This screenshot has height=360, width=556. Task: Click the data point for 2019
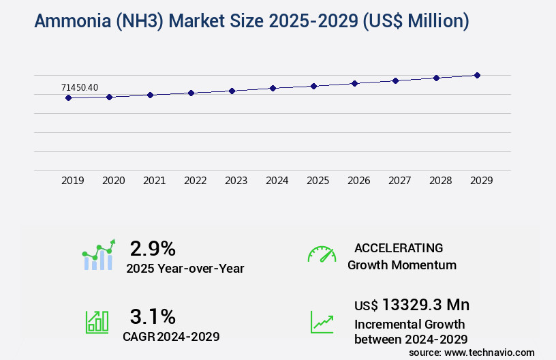[68, 97]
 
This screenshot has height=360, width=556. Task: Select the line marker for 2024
[273, 88]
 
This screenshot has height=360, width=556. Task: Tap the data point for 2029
[477, 75]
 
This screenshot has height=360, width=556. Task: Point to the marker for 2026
[354, 83]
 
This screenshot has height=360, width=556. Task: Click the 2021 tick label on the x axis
[155, 181]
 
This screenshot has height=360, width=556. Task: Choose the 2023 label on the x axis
[236, 181]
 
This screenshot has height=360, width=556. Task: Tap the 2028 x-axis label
[441, 181]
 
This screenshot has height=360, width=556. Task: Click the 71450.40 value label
[80, 87]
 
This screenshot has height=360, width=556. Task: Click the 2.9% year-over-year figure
[153, 248]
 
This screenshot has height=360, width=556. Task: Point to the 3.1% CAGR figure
[153, 316]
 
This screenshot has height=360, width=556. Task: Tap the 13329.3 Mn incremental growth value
[426, 305]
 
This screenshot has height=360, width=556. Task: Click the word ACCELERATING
[399, 248]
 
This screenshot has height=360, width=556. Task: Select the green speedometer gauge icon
[322, 254]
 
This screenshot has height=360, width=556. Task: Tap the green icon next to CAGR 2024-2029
[97, 322]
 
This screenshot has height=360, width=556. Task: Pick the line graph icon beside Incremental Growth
[322, 322]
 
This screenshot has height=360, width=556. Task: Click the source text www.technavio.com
[490, 352]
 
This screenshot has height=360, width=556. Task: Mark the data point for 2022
[191, 93]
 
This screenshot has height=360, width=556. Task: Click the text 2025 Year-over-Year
[185, 269]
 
